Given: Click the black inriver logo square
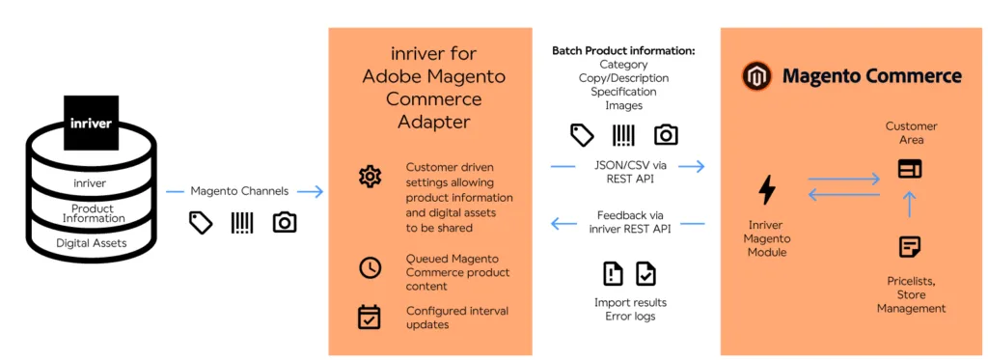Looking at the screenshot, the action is point(92,123).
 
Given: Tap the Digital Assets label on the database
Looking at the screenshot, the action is point(93,242).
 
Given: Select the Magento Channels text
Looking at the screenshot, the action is point(239,191).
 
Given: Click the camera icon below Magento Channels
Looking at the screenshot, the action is point(284,223).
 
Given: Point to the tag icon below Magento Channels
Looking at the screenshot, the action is point(201,223).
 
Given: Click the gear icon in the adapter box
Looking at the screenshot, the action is point(370,177).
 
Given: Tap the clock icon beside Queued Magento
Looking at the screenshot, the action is point(370,267).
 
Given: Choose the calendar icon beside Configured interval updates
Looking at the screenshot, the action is point(370,316).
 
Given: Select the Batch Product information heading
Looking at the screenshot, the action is point(623,50).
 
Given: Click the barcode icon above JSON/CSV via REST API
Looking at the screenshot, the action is point(623,134).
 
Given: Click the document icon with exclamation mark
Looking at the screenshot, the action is point(613,273).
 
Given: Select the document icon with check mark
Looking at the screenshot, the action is point(645,273).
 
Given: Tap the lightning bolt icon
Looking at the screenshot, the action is point(767,190).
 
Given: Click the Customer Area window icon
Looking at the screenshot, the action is point(909,169).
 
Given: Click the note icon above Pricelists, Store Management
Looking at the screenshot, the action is point(909,247).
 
